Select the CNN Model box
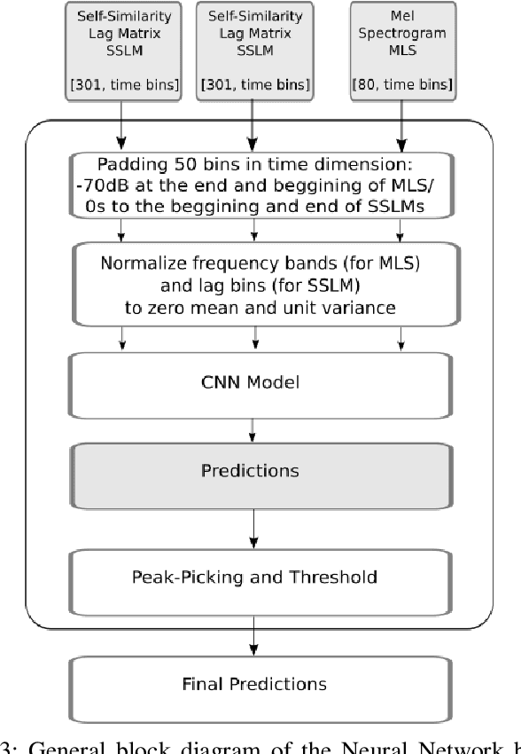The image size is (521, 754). [x=254, y=383]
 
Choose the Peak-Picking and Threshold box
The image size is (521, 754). [x=254, y=577]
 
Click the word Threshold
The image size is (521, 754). [x=339, y=577]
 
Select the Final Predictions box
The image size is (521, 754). [x=254, y=683]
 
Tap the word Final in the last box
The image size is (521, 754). [x=200, y=683]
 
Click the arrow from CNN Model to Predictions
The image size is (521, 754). [x=254, y=428]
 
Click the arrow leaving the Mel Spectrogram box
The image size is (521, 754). [x=400, y=124]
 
